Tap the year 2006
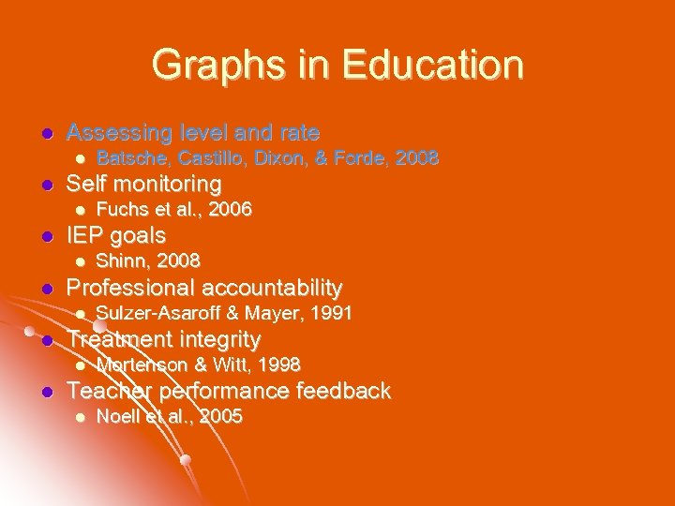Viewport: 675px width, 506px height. click(229, 210)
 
